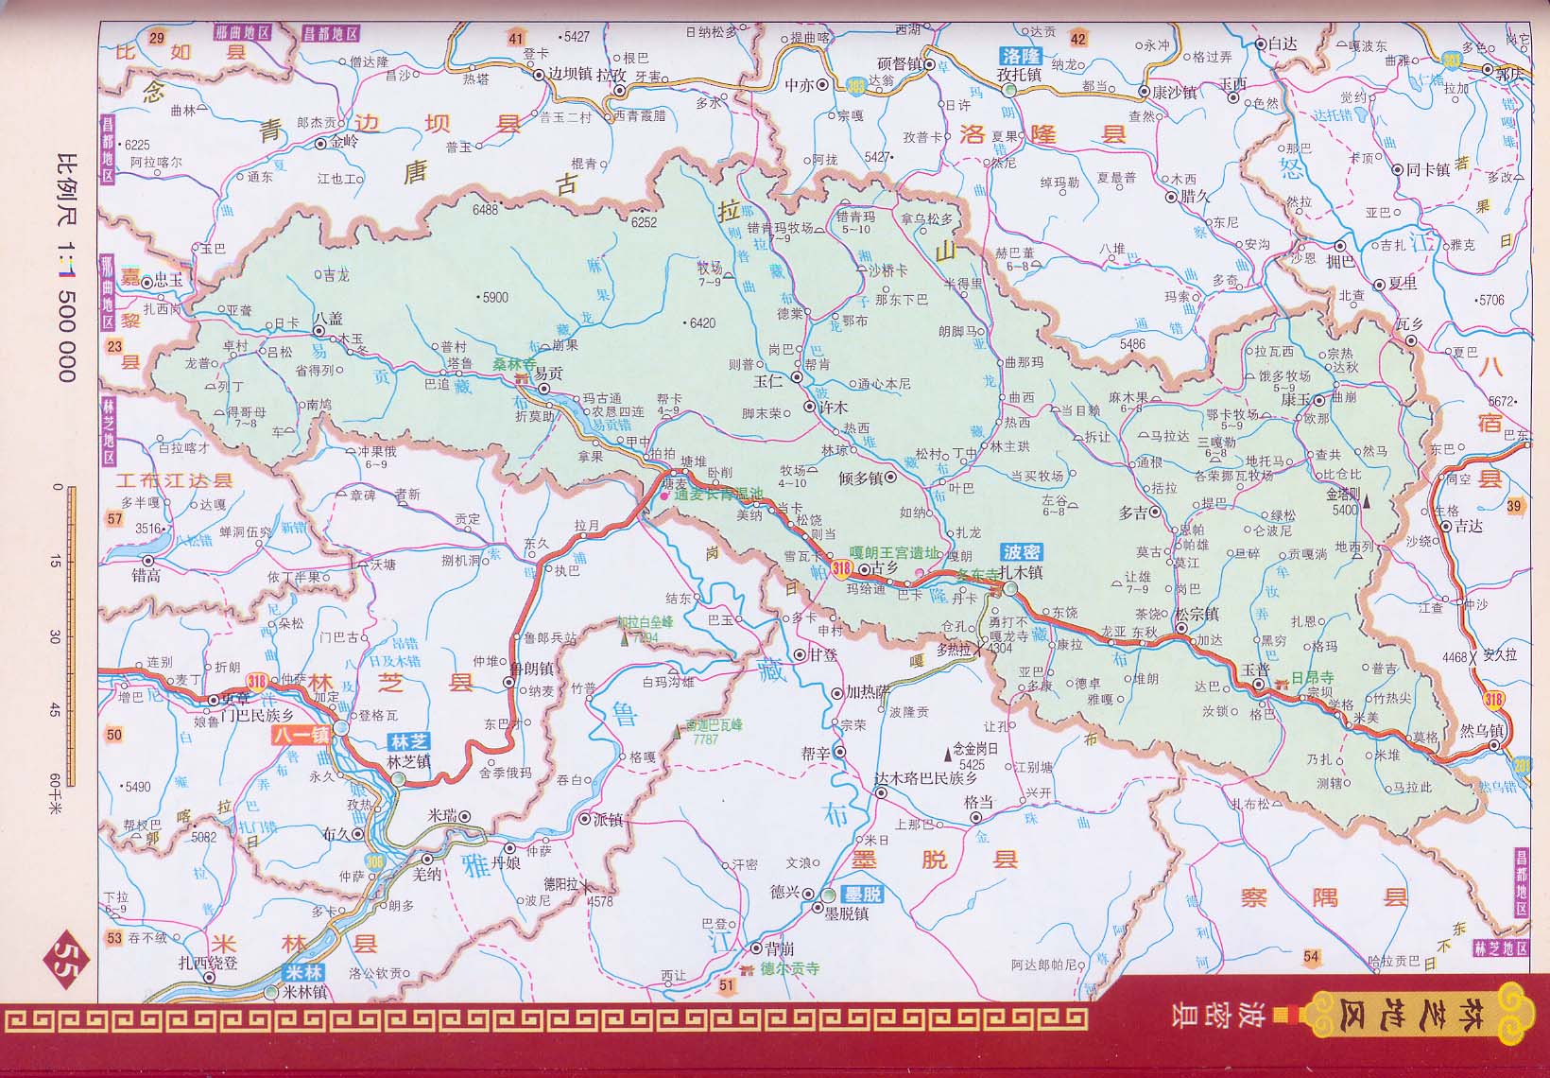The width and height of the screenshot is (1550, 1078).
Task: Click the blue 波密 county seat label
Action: coord(1022,552)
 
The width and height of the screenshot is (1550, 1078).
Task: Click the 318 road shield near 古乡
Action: coord(842,568)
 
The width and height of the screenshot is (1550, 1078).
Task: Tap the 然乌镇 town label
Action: coord(1481,731)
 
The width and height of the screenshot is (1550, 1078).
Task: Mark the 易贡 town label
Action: coord(548,374)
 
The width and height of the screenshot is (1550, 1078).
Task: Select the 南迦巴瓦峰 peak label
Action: coord(715,724)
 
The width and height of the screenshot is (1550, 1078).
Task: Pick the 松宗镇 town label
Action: coord(1197,614)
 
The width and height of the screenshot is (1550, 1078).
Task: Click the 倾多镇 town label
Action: coord(860,478)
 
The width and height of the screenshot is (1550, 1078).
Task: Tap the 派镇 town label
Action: coord(609,820)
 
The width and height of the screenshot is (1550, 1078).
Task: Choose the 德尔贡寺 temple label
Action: coord(790,969)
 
